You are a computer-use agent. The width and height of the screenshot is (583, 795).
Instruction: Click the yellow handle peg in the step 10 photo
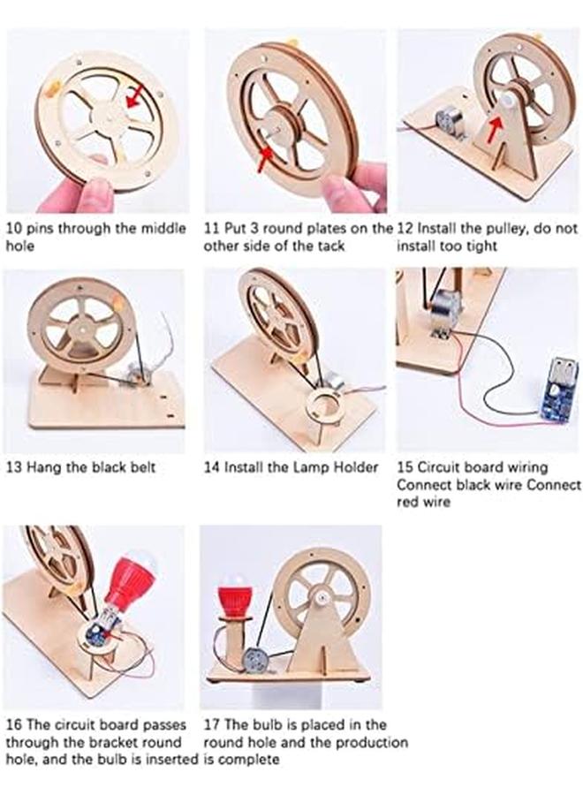54,88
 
